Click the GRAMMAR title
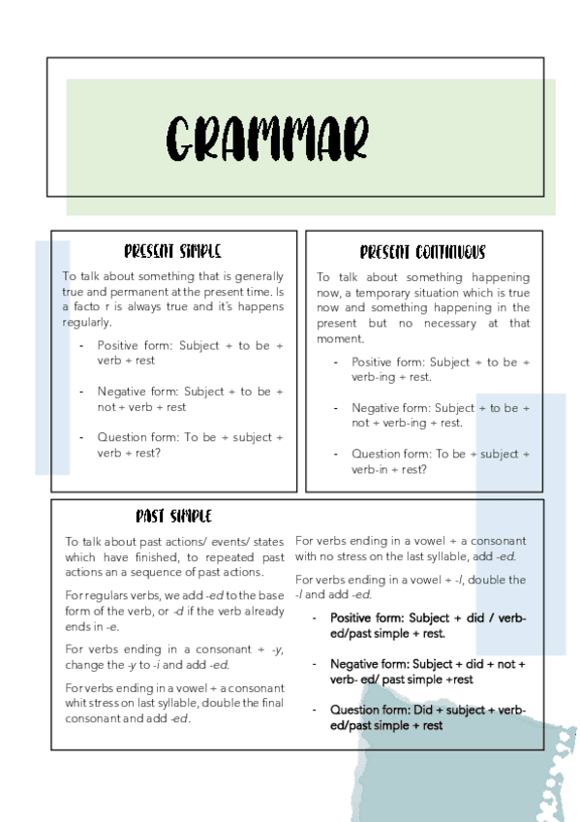[x=267, y=139]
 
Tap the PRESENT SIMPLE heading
[x=172, y=252]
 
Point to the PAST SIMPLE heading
[x=173, y=517]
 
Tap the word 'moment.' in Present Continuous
[x=340, y=339]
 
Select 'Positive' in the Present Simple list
[x=117, y=346]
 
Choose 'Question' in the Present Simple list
[x=119, y=437]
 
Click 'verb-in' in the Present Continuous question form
[x=370, y=469]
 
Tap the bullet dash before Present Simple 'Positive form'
[x=80, y=346]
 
